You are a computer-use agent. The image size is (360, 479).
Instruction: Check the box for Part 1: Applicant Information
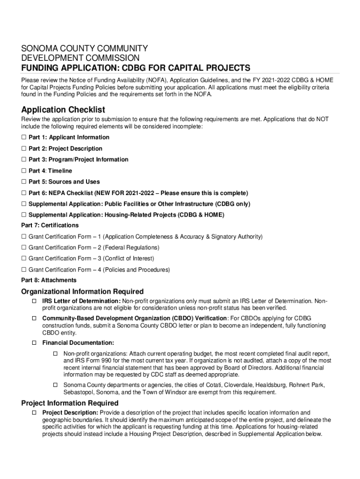coord(24,138)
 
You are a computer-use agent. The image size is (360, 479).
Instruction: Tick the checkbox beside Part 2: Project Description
coord(24,149)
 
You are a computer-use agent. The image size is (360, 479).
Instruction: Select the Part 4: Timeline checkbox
coord(24,171)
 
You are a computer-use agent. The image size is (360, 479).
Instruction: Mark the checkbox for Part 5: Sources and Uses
coord(24,182)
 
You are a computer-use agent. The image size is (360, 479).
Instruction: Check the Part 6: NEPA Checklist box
coord(24,193)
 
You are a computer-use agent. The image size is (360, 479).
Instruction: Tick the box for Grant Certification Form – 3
coord(24,259)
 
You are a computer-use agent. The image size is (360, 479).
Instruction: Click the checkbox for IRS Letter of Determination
coord(35,301)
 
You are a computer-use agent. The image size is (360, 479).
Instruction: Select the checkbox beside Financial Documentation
coord(35,343)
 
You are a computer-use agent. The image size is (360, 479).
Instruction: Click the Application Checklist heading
coord(63,110)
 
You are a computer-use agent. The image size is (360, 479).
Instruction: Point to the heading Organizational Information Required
coord(82,292)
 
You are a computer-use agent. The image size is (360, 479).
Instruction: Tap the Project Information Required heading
coord(70,403)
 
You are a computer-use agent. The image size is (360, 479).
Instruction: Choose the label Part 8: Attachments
coord(49,281)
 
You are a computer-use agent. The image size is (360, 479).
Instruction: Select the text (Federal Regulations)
coord(131,248)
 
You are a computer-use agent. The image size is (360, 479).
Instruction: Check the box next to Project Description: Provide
coord(35,413)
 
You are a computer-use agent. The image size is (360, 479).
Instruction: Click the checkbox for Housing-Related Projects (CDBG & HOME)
coord(24,215)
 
